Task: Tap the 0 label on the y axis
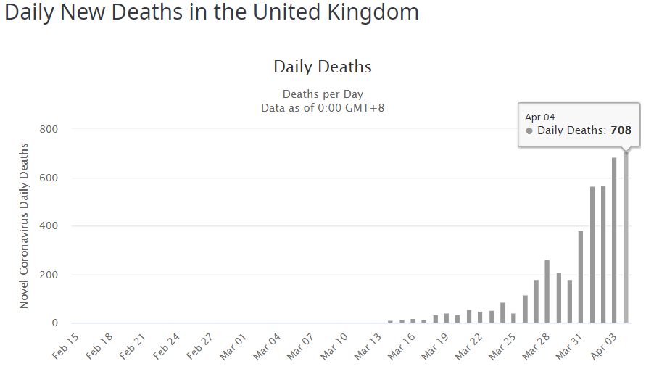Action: tap(54, 323)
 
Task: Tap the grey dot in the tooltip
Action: tap(529, 131)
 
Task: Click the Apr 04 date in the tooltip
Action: tap(539, 117)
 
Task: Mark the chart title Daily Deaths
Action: tap(322, 67)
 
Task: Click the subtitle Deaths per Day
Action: tap(323, 94)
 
